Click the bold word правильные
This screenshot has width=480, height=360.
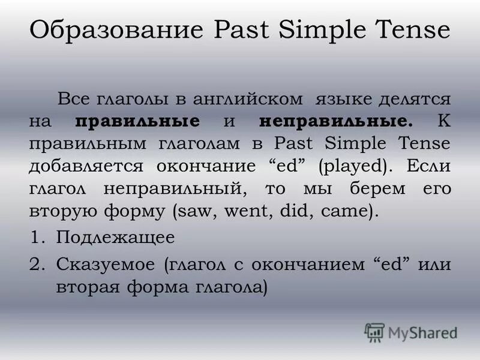[x=138, y=121]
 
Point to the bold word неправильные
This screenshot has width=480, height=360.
[x=337, y=121]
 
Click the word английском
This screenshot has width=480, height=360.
[x=246, y=98]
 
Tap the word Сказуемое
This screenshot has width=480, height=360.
[x=106, y=263]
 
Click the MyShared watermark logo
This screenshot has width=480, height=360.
[x=411, y=332]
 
